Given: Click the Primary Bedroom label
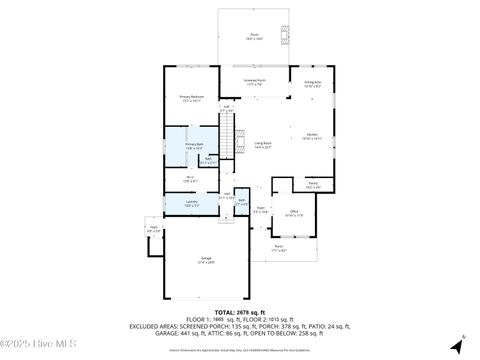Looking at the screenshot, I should click(x=190, y=99).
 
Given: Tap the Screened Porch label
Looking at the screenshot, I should click(x=255, y=82).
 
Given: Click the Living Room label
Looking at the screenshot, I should click(x=262, y=145).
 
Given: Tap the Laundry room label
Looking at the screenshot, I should click(x=190, y=203).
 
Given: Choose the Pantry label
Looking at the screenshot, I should click(x=313, y=185).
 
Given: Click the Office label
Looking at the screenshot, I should click(x=294, y=213).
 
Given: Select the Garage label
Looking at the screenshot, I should click(x=206, y=260).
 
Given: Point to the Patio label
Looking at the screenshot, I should click(x=154, y=229).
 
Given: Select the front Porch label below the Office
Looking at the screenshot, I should click(x=279, y=249).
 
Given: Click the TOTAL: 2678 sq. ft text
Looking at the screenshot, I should click(x=240, y=312).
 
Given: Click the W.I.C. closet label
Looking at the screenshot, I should click(x=190, y=180).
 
